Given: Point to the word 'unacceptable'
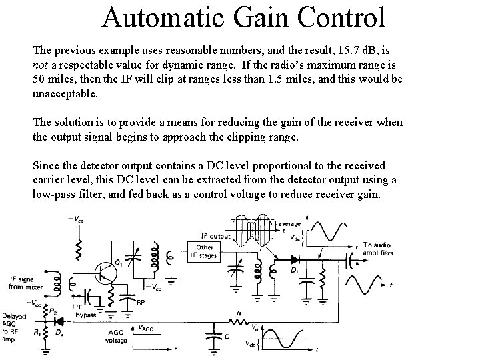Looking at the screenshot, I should click(65, 94).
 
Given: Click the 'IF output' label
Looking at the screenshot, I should click(215, 235).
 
